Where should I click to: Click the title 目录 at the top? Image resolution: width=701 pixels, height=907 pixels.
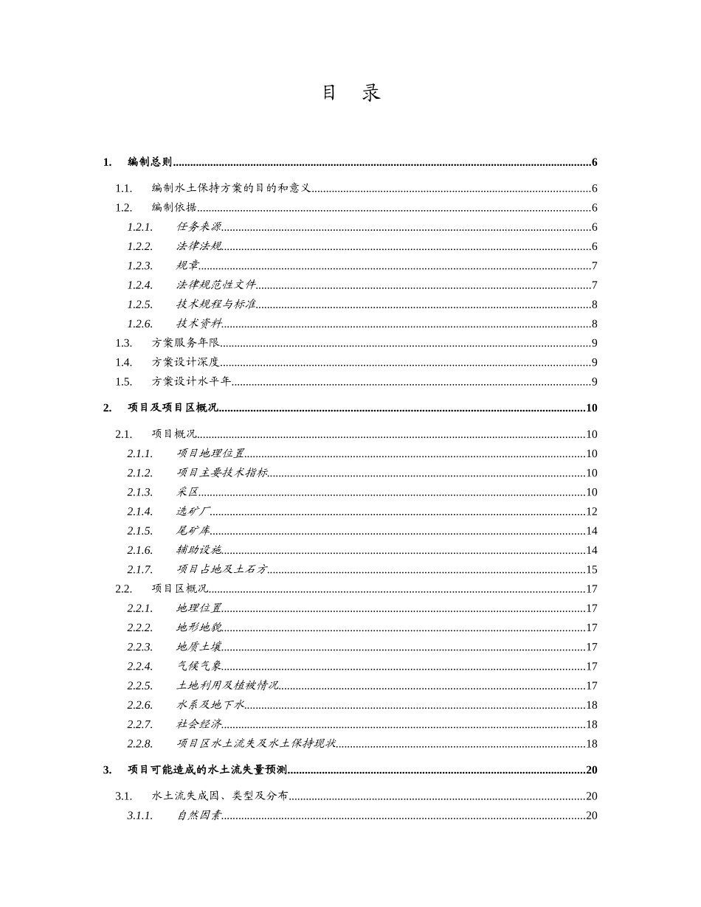(350, 93)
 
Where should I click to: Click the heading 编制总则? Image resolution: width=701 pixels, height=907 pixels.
(150, 162)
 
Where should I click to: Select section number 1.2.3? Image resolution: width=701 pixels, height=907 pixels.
(139, 266)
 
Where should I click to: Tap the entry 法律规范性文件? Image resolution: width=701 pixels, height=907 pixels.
(216, 285)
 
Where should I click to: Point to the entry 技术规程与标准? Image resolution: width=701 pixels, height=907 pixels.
(216, 305)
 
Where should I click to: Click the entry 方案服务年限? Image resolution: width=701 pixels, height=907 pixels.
(186, 343)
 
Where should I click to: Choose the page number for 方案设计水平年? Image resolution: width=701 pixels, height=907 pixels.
(594, 382)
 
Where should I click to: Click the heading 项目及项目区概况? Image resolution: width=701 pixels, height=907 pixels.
(173, 408)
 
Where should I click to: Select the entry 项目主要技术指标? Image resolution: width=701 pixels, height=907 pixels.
(222, 473)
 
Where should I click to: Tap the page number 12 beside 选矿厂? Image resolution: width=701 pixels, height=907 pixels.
(591, 512)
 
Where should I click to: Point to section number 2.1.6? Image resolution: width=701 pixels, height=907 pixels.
(139, 550)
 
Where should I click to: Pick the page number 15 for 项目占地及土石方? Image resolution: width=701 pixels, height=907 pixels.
(591, 570)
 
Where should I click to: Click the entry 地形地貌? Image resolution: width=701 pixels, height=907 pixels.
(199, 628)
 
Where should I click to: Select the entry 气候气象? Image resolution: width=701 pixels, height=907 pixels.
(199, 667)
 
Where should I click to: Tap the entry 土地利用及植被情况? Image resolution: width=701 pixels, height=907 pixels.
(227, 686)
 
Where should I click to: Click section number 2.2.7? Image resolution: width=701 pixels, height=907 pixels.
(139, 725)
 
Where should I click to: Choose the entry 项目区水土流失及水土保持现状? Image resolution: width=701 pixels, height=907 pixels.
(256, 744)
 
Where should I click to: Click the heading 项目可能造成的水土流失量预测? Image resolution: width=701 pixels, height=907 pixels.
(207, 770)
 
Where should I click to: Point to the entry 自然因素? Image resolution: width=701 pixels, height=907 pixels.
(199, 816)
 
